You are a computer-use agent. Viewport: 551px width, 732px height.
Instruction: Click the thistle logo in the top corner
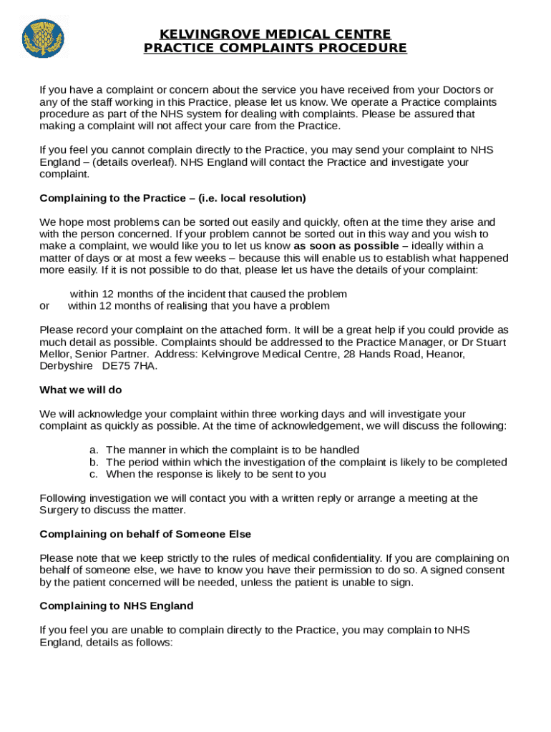pos(44,39)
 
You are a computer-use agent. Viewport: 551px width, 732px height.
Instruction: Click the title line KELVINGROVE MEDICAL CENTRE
pos(275,34)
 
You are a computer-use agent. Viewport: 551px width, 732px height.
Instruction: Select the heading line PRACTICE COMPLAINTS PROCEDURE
pos(275,48)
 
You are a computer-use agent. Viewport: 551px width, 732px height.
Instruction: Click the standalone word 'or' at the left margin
pos(45,306)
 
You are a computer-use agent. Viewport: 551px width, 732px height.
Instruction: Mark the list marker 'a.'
pos(94,450)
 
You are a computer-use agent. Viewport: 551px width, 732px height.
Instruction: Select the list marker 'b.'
pos(94,462)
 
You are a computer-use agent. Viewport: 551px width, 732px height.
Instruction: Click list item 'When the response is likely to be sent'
pos(216,474)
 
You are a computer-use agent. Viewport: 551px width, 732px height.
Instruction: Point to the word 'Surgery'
pos(59,510)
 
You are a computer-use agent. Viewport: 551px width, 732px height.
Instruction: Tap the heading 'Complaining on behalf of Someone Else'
pos(145,535)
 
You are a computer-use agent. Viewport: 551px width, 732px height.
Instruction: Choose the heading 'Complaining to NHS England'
pos(117,606)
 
